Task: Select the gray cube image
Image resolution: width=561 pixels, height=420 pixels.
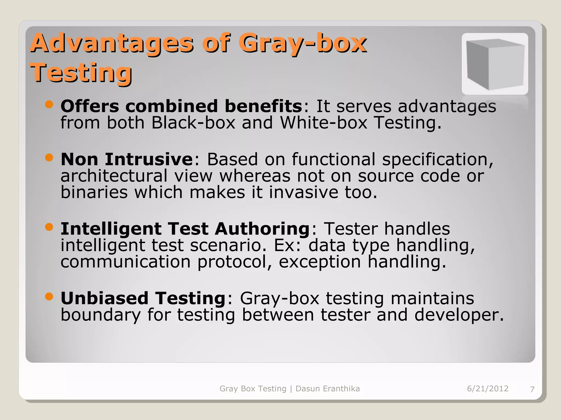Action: pos(495,64)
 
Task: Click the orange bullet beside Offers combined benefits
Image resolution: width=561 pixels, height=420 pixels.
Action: pos(49,104)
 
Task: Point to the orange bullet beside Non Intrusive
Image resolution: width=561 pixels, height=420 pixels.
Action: pos(49,157)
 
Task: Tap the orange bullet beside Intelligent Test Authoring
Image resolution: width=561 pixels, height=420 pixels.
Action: pos(49,227)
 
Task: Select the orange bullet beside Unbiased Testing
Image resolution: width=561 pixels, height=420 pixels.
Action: pos(49,296)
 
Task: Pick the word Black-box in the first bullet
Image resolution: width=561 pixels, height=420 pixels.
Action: pos(193,123)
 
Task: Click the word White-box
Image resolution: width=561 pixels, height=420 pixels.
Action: pos(323,123)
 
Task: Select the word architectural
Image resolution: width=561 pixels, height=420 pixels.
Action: pos(114,176)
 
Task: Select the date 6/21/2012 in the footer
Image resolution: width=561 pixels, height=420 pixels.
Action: pos(488,389)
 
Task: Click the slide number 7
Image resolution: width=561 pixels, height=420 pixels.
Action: pos(532,389)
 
